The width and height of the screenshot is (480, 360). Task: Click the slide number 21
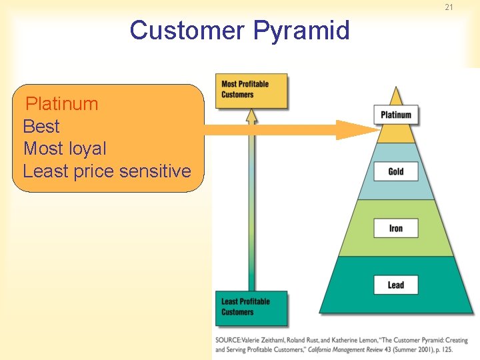[449, 7]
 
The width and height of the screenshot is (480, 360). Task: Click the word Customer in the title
[187, 31]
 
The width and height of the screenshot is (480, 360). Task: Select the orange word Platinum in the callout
[61, 104]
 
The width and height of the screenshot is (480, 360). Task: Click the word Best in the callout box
[41, 127]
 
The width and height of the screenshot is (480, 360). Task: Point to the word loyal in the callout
[85, 149]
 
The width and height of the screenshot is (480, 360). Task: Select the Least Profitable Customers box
[251, 307]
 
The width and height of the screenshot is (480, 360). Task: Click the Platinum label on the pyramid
[396, 115]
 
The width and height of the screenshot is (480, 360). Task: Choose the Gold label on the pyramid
[396, 171]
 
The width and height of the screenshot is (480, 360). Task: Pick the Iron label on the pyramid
[396, 229]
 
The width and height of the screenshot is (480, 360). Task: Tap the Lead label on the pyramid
[396, 285]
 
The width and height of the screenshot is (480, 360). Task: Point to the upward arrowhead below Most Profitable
[251, 116]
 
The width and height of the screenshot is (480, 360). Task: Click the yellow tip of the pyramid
[397, 97]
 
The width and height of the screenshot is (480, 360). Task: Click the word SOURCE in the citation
[229, 341]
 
